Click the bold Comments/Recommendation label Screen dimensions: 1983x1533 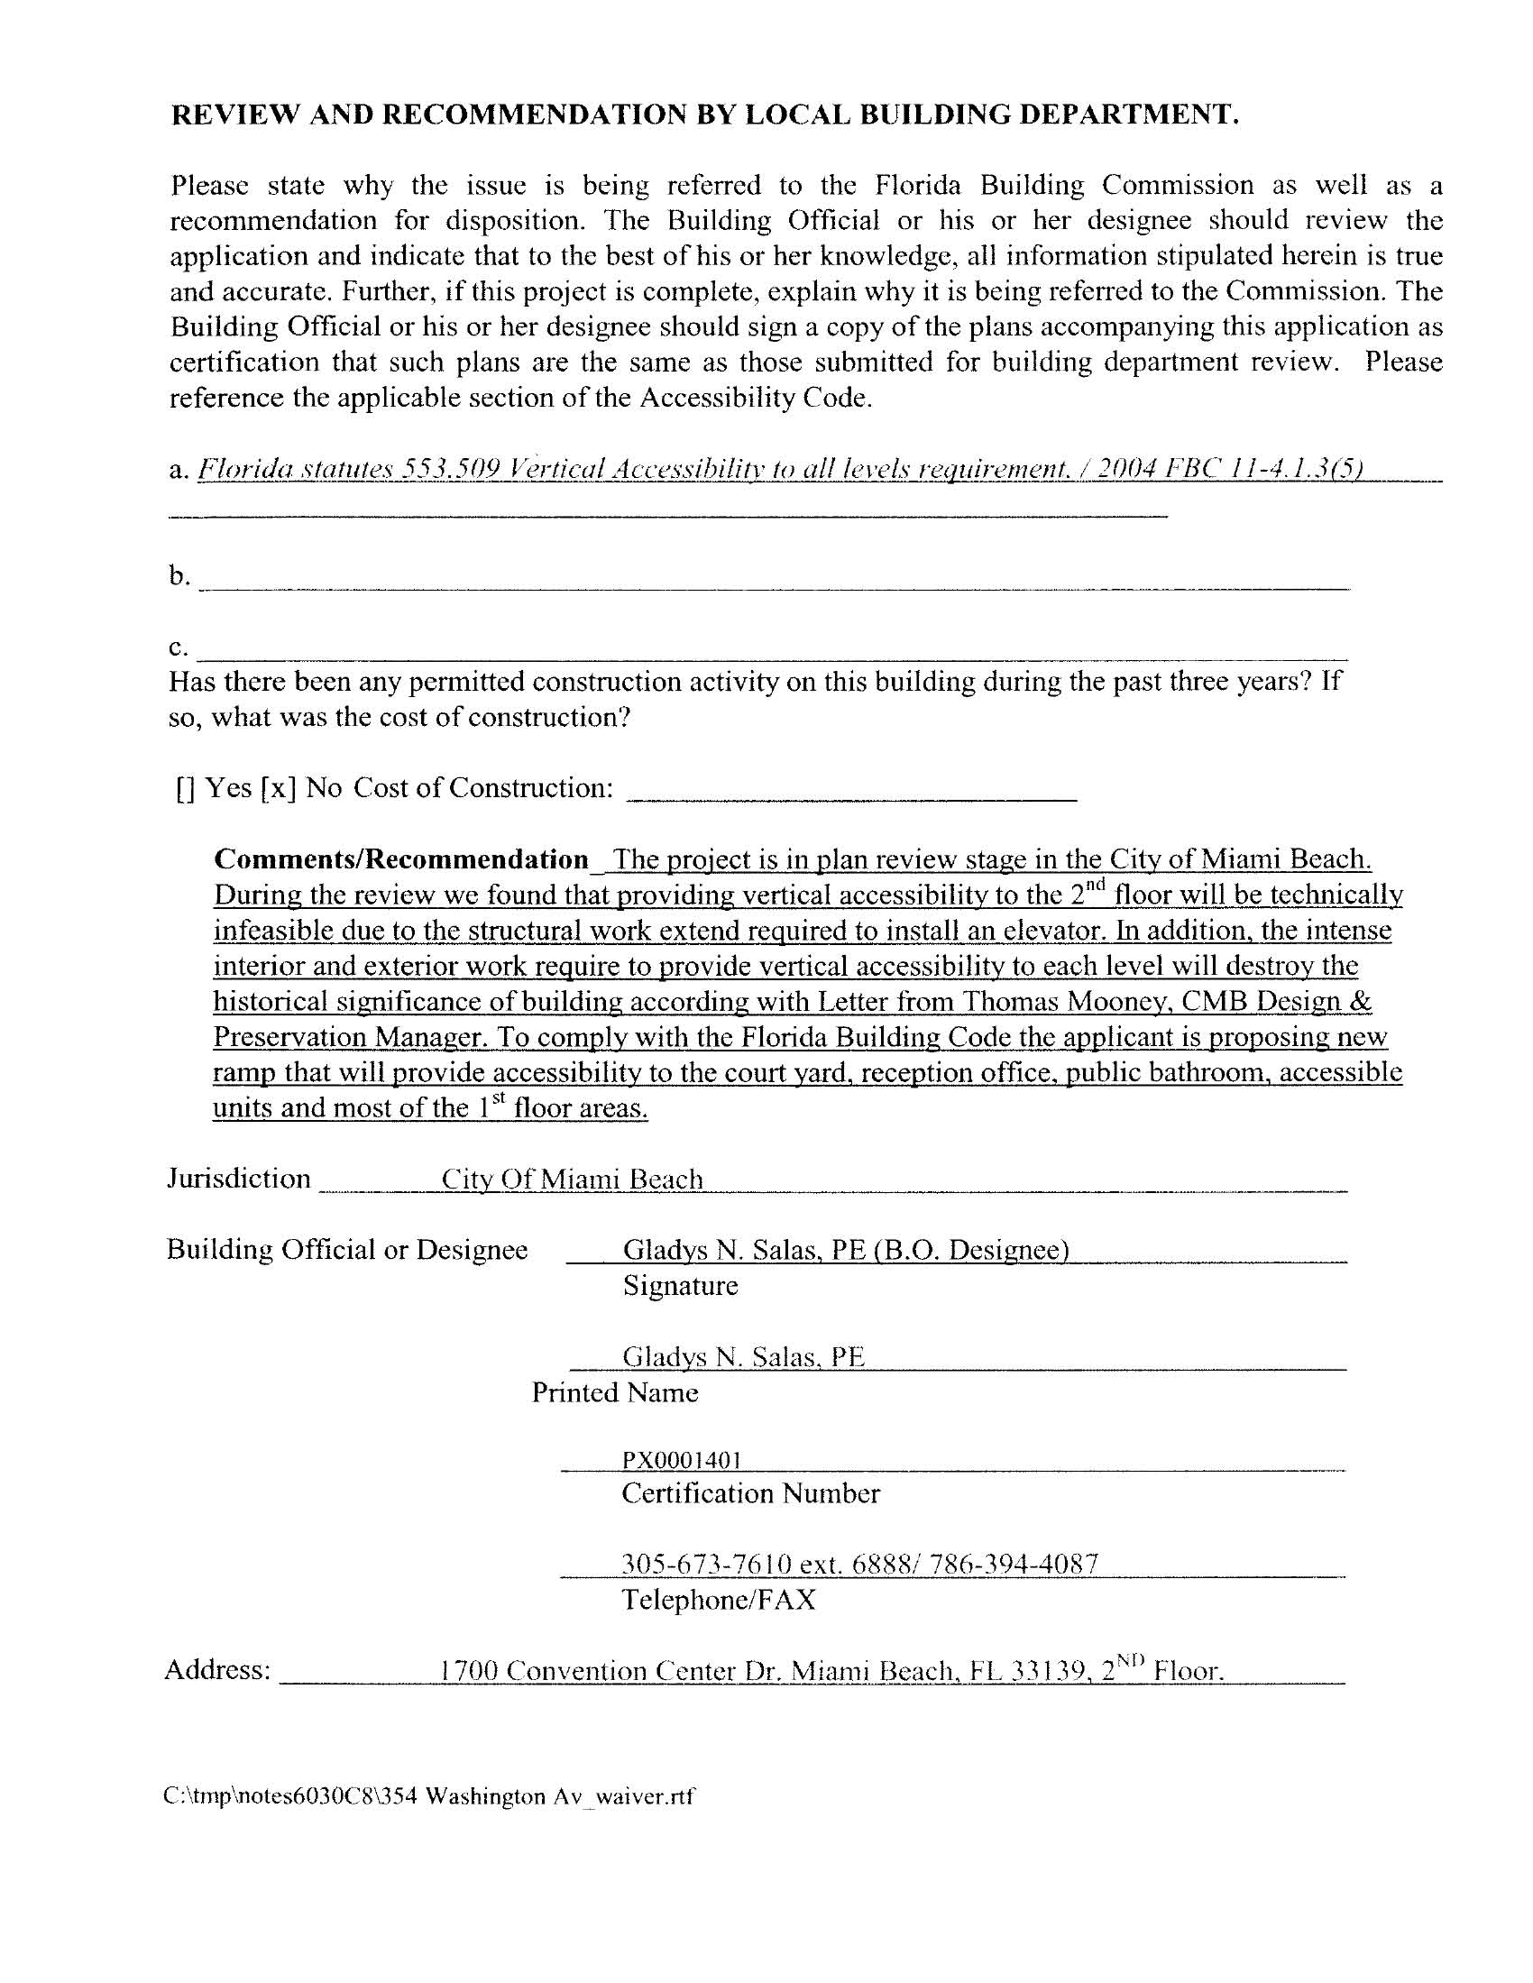point(401,858)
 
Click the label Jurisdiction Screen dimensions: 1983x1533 point(239,1179)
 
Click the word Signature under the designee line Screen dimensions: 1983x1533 point(680,1286)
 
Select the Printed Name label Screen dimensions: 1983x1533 point(615,1393)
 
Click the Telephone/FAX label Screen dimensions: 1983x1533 point(719,1600)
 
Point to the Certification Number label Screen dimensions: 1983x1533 point(750,1493)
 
